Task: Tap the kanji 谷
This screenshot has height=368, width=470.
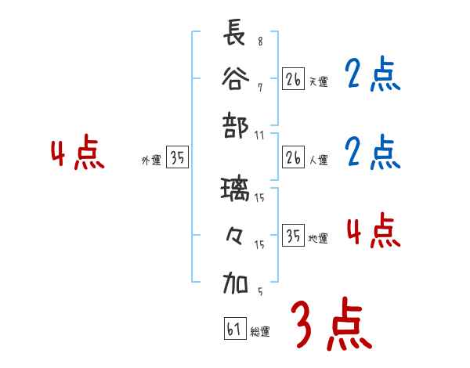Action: point(235,78)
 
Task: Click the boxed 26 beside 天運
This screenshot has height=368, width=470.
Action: point(294,79)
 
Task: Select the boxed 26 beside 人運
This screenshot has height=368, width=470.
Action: point(294,158)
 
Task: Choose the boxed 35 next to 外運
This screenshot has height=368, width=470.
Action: point(178,158)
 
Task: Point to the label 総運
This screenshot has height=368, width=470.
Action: point(260,332)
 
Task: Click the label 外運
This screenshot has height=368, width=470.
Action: point(151,161)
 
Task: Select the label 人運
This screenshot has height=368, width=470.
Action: point(319,160)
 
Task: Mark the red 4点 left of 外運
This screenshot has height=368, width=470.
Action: point(78,154)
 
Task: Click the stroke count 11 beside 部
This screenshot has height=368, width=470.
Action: point(259,135)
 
